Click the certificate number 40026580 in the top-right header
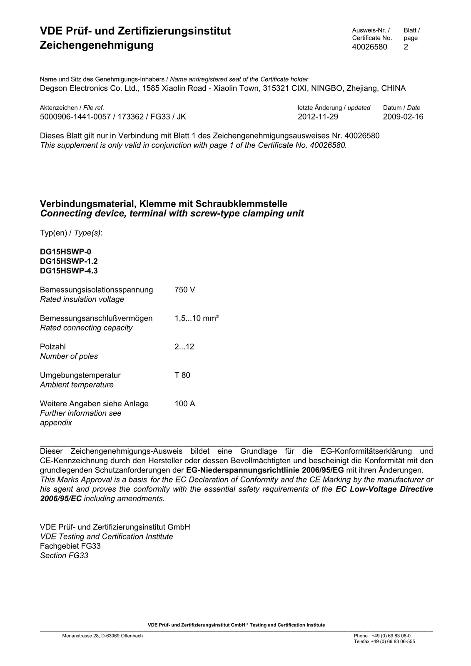pos(369,47)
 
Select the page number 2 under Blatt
pos(406,47)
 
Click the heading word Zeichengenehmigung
pos(97,45)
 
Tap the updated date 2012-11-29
pos(318,117)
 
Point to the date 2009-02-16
pos(403,117)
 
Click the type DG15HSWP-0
pos(65,251)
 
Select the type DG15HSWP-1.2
pos(69,261)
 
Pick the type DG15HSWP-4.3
pos(69,271)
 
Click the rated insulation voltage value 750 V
pos(184,290)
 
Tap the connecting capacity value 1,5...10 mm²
pos(197,318)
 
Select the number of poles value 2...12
pos(184,347)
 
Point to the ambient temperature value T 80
pos(182,375)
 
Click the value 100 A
pos(184,404)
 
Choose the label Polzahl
pos(53,347)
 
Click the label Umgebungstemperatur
pos(80,375)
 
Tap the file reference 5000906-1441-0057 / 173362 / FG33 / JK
pos(113,117)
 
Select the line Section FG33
pos(64,555)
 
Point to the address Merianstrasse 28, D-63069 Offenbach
pos(102,636)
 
